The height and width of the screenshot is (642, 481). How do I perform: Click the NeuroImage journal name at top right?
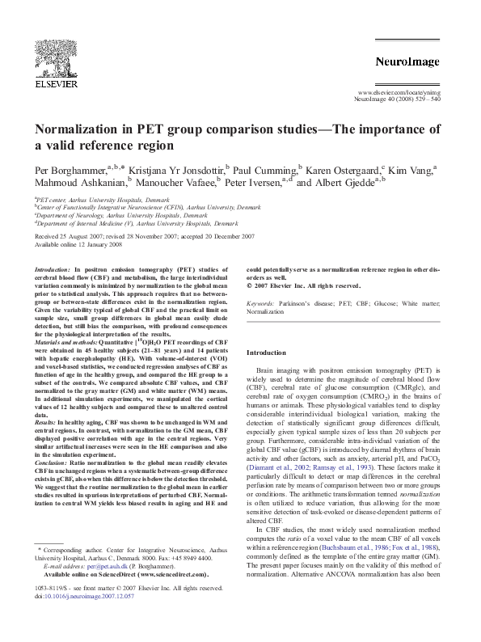click(407, 62)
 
